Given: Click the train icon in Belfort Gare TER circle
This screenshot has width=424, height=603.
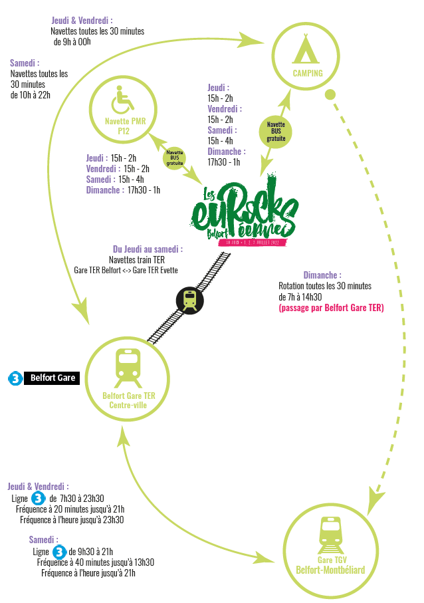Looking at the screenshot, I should pyautogui.click(x=128, y=368).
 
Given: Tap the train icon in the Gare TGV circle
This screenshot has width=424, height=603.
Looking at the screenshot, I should pyautogui.click(x=330, y=531).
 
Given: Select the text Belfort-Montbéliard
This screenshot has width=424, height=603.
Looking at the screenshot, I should pyautogui.click(x=330, y=570).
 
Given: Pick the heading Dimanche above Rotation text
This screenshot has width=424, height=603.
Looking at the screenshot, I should pyautogui.click(x=322, y=275).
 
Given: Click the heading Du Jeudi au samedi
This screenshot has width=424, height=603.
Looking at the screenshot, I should pyautogui.click(x=148, y=249).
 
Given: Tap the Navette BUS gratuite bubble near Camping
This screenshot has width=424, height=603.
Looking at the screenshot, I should pyautogui.click(x=276, y=131).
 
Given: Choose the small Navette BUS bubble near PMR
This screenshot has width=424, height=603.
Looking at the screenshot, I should pyautogui.click(x=175, y=157).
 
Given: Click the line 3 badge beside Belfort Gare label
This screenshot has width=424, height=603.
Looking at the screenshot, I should pyautogui.click(x=14, y=378).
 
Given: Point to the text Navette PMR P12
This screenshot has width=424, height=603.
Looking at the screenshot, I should pyautogui.click(x=125, y=126).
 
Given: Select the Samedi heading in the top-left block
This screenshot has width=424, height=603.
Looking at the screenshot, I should pyautogui.click(x=25, y=63).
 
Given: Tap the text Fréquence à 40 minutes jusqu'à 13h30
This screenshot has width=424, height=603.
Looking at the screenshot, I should pyautogui.click(x=96, y=562).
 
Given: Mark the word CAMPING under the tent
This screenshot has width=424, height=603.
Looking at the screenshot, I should pyautogui.click(x=307, y=73).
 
